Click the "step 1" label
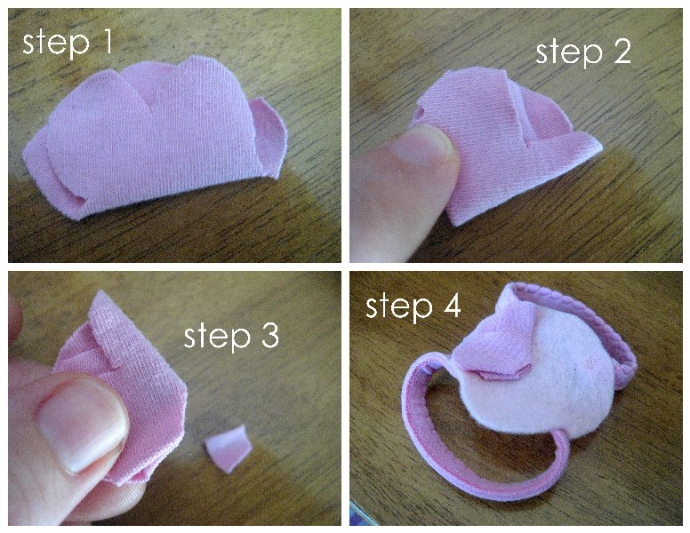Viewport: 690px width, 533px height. point(68,44)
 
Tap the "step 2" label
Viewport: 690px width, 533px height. point(583,52)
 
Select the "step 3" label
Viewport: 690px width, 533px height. point(231,337)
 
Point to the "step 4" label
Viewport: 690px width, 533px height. point(413,306)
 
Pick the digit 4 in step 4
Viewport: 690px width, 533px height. point(453,306)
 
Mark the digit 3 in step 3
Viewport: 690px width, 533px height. point(269,336)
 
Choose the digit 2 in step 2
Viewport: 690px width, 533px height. point(621,51)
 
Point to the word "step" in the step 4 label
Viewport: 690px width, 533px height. point(399,307)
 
